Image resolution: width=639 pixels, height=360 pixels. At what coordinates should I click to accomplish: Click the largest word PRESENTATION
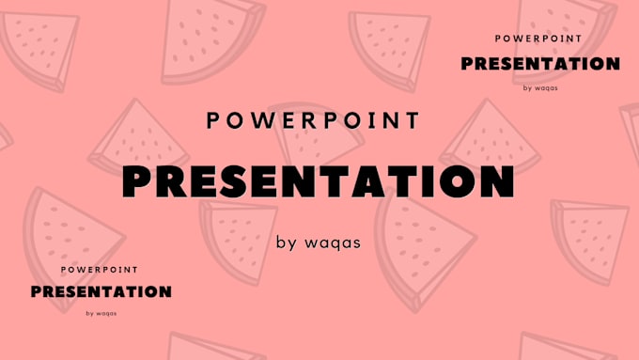[x=318, y=181]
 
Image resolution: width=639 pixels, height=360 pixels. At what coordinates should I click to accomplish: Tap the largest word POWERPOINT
[x=313, y=120]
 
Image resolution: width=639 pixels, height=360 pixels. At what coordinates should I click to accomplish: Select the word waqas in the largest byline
[x=333, y=243]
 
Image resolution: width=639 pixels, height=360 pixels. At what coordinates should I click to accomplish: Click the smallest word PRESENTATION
[x=101, y=291]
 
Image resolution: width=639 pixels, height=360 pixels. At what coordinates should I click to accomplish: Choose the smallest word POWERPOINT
[x=100, y=270]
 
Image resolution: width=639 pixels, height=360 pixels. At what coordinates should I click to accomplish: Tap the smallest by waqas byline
[x=101, y=313]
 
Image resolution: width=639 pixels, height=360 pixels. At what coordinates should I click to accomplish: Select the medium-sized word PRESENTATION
[x=540, y=64]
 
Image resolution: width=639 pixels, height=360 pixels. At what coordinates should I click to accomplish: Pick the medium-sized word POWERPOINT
[x=538, y=39]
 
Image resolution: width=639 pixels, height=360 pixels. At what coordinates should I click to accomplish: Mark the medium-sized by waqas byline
[x=540, y=87]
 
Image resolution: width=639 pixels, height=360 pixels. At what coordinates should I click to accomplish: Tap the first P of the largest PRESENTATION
[x=135, y=181]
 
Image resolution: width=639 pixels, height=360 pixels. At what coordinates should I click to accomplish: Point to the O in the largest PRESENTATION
[x=458, y=181]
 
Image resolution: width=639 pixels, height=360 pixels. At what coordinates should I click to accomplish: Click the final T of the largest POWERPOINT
[x=413, y=120]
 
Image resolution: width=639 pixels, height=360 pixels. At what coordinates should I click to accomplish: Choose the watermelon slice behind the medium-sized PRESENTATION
[x=565, y=40]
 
